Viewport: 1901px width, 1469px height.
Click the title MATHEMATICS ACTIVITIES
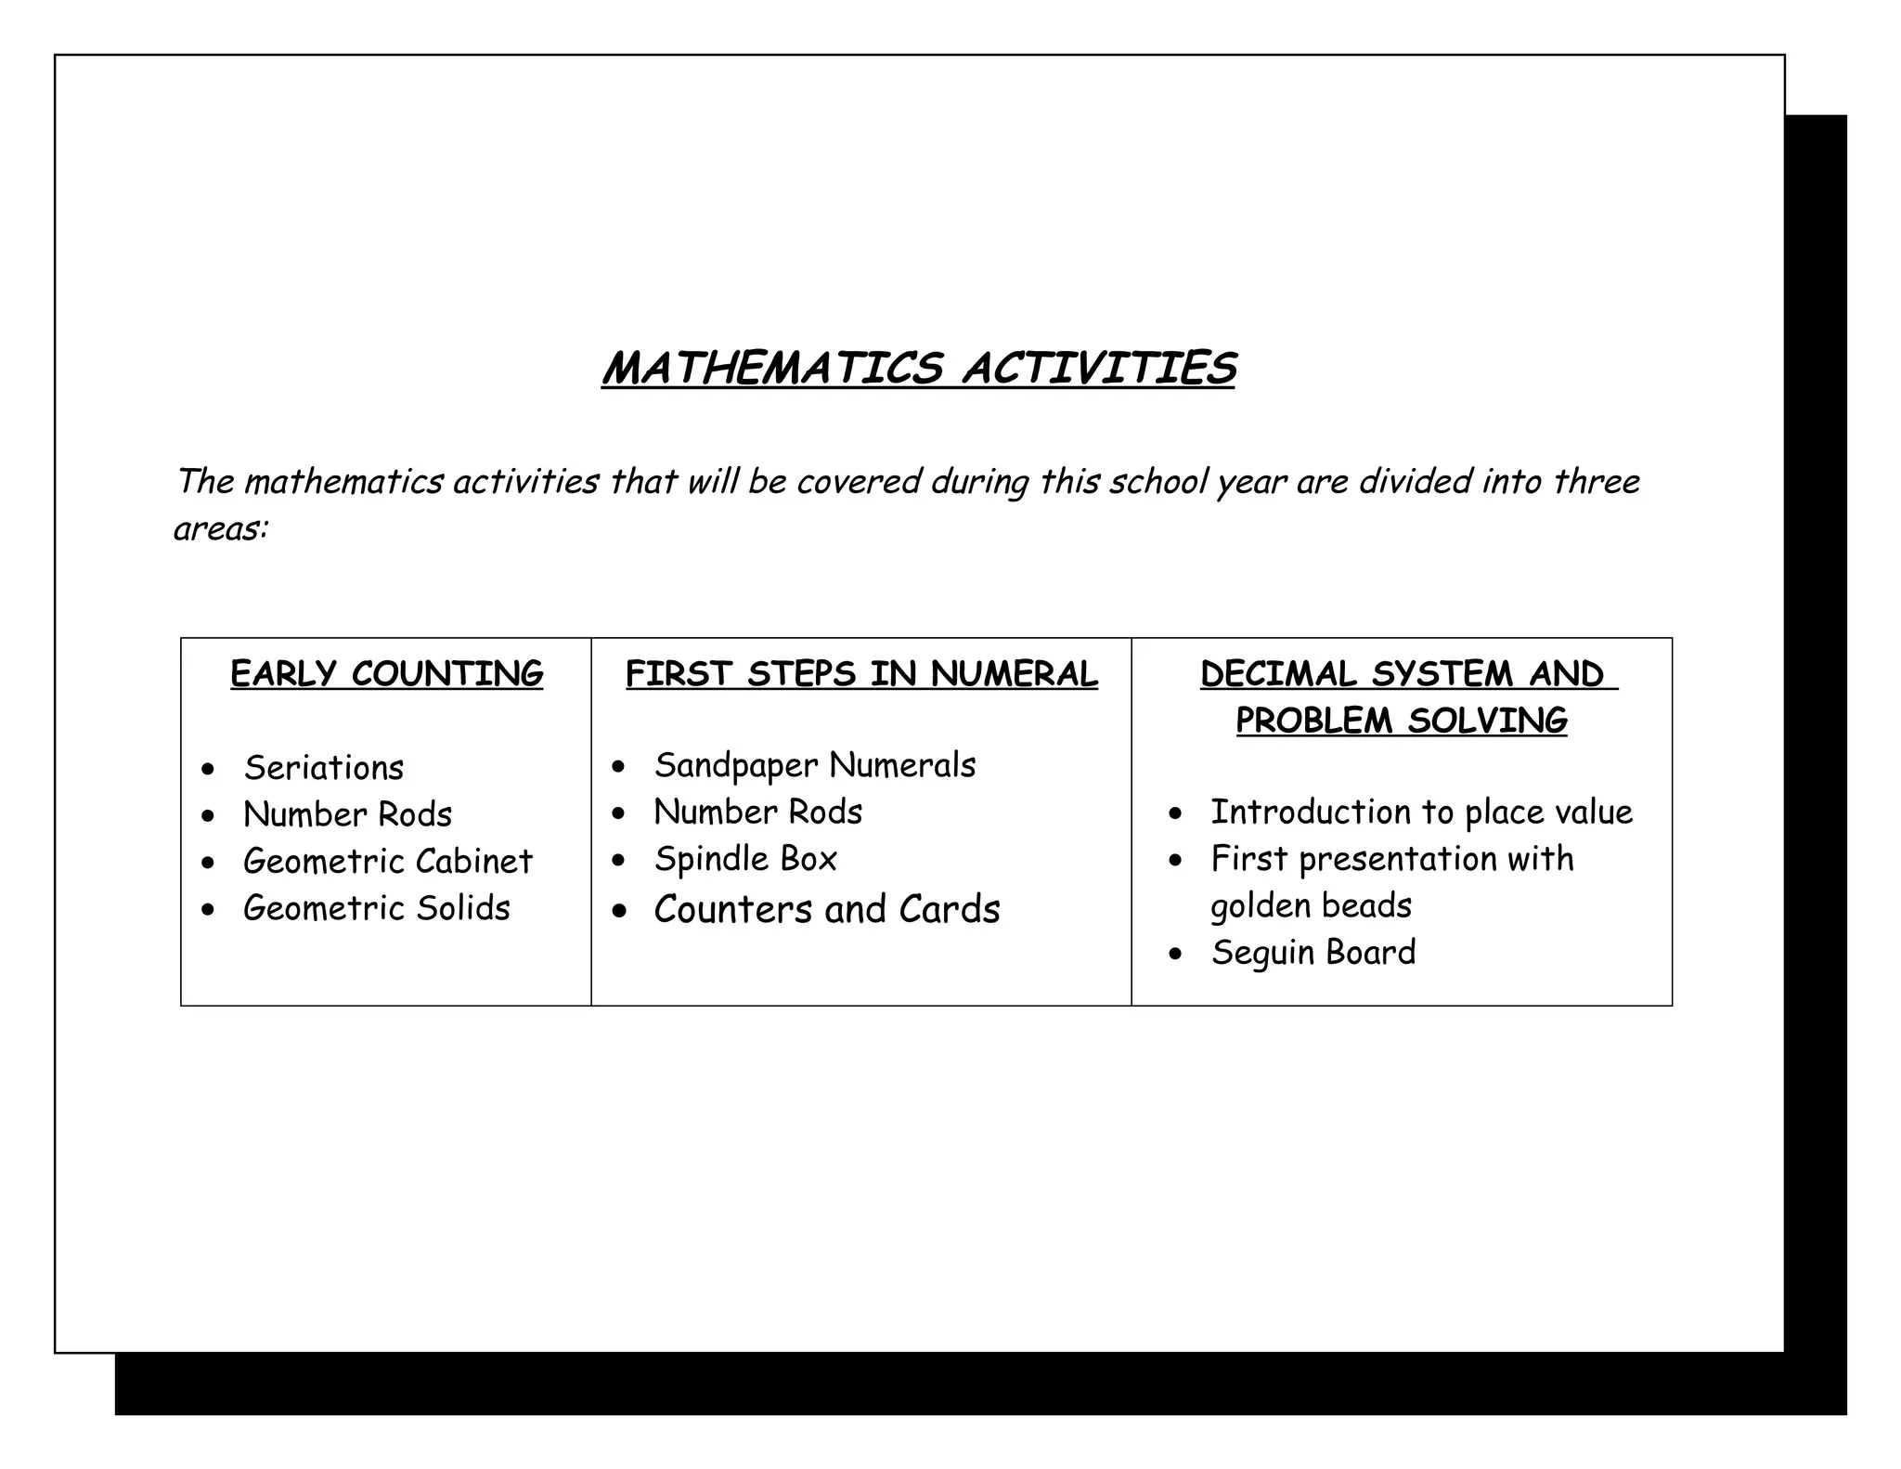pos(918,369)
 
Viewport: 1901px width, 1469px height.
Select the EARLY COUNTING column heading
pos(386,674)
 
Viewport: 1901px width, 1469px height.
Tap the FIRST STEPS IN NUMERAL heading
pos(861,674)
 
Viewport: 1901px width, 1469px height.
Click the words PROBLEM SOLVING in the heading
pos(1401,721)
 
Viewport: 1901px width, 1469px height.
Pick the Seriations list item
pos(324,768)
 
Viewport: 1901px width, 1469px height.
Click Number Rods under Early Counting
pos(347,814)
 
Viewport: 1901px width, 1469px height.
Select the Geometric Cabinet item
pos(387,861)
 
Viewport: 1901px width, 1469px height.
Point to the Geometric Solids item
pos(376,907)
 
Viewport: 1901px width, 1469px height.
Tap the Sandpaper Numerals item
pos(814,765)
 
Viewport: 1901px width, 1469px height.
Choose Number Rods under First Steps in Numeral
pos(757,812)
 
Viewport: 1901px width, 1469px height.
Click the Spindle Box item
pos(745,859)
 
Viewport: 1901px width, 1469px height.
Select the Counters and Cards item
pos(826,909)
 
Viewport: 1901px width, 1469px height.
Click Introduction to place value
pos(1421,812)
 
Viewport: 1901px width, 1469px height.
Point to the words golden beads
pos(1311,905)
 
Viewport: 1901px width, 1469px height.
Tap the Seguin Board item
pos(1313,952)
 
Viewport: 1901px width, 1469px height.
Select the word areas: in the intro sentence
pos(221,528)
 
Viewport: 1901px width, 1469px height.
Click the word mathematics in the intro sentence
pos(343,482)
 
